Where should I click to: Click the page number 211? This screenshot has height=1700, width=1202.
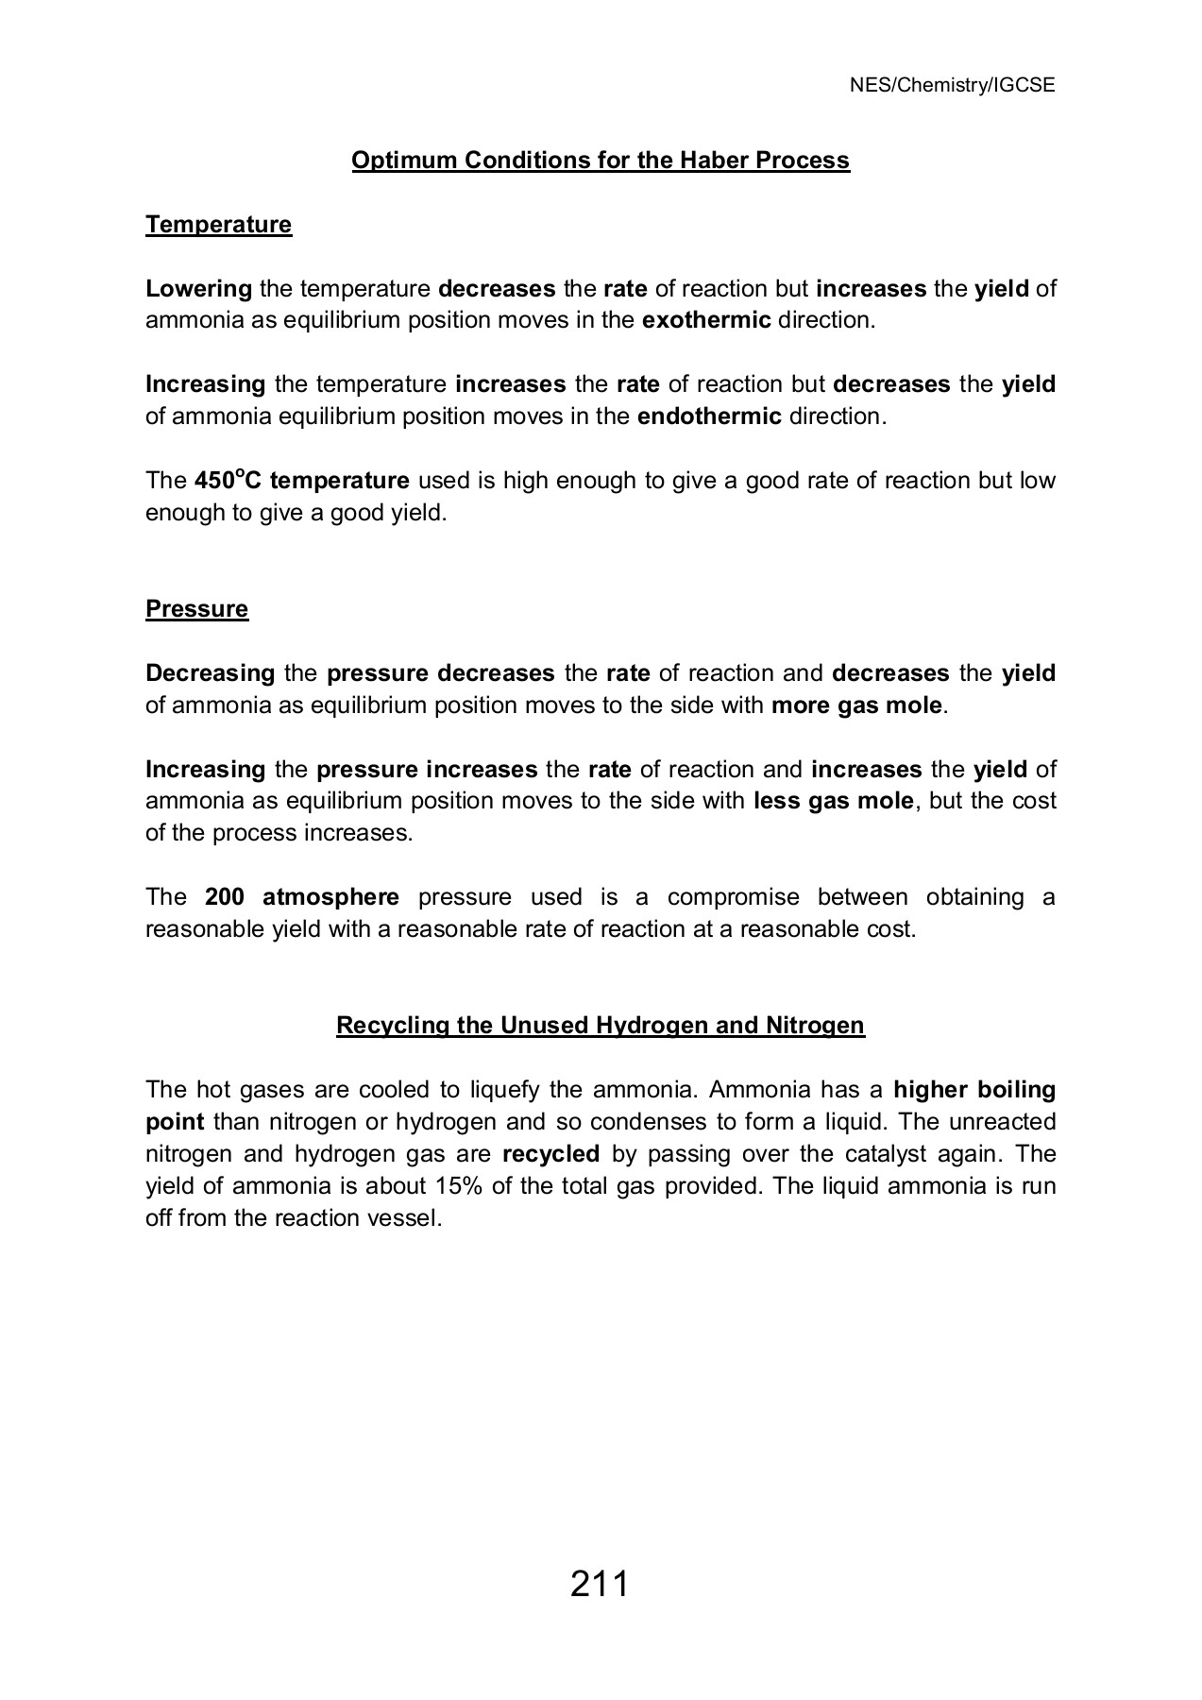600,1583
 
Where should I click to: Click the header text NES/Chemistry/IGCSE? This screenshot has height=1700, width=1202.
952,86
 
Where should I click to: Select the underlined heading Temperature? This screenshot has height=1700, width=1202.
218,225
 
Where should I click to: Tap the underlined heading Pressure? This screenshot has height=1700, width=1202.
196,609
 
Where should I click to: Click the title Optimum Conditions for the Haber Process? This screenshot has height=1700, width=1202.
601,161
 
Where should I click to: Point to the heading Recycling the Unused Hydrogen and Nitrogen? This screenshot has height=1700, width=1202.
601,1026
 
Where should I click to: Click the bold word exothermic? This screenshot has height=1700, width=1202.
706,320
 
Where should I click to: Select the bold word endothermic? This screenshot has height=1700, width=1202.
709,416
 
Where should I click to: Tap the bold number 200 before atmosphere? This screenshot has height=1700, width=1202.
224,897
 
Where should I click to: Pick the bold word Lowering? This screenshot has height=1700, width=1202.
198,289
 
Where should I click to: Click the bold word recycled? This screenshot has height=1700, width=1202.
551,1154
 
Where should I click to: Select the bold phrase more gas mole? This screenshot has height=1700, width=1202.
856,705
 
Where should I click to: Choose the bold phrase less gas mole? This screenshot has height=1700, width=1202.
834,802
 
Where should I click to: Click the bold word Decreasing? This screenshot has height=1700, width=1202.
210,673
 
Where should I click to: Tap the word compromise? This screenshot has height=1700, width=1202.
733,897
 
